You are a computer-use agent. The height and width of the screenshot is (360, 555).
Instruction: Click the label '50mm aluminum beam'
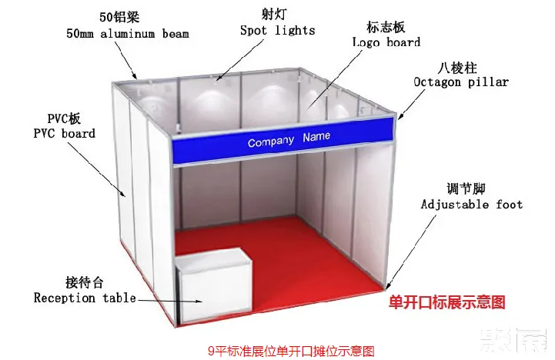[x=127, y=34]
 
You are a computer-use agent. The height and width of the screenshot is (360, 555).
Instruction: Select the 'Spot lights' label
[x=277, y=30]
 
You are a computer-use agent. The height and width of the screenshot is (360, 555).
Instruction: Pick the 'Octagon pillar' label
[x=461, y=82]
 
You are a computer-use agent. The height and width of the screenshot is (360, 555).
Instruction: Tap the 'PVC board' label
[x=64, y=133]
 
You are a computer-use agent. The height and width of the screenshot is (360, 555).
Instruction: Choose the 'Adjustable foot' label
[x=472, y=204]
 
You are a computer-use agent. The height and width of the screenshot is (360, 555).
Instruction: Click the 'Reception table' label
[x=85, y=298]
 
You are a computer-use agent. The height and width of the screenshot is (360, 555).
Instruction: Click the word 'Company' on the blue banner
[x=271, y=142]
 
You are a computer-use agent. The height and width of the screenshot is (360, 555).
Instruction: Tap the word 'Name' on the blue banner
[x=316, y=137]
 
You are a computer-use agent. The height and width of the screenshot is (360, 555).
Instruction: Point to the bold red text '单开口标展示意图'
[x=447, y=302]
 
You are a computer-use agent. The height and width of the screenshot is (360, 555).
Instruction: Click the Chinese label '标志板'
[x=383, y=26]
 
